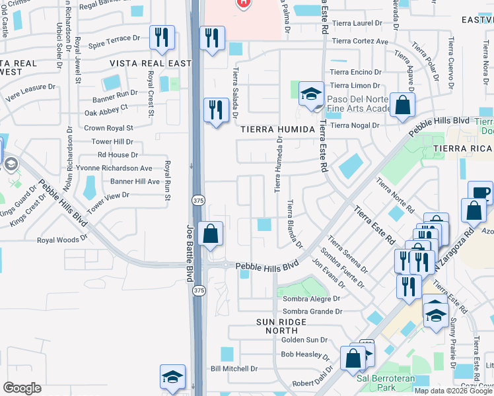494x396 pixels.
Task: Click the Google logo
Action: click(x=22, y=388)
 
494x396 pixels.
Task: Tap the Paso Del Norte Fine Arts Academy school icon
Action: click(x=310, y=94)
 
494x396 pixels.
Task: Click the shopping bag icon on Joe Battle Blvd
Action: click(x=210, y=234)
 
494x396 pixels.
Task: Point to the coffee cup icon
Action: click(x=480, y=193)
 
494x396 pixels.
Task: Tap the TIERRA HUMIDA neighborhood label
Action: click(x=277, y=130)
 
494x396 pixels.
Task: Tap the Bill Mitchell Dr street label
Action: click(x=234, y=368)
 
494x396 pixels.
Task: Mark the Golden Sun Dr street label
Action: click(x=304, y=339)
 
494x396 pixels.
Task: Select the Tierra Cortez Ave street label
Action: click(x=359, y=41)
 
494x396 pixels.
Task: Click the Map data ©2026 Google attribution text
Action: click(x=454, y=391)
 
